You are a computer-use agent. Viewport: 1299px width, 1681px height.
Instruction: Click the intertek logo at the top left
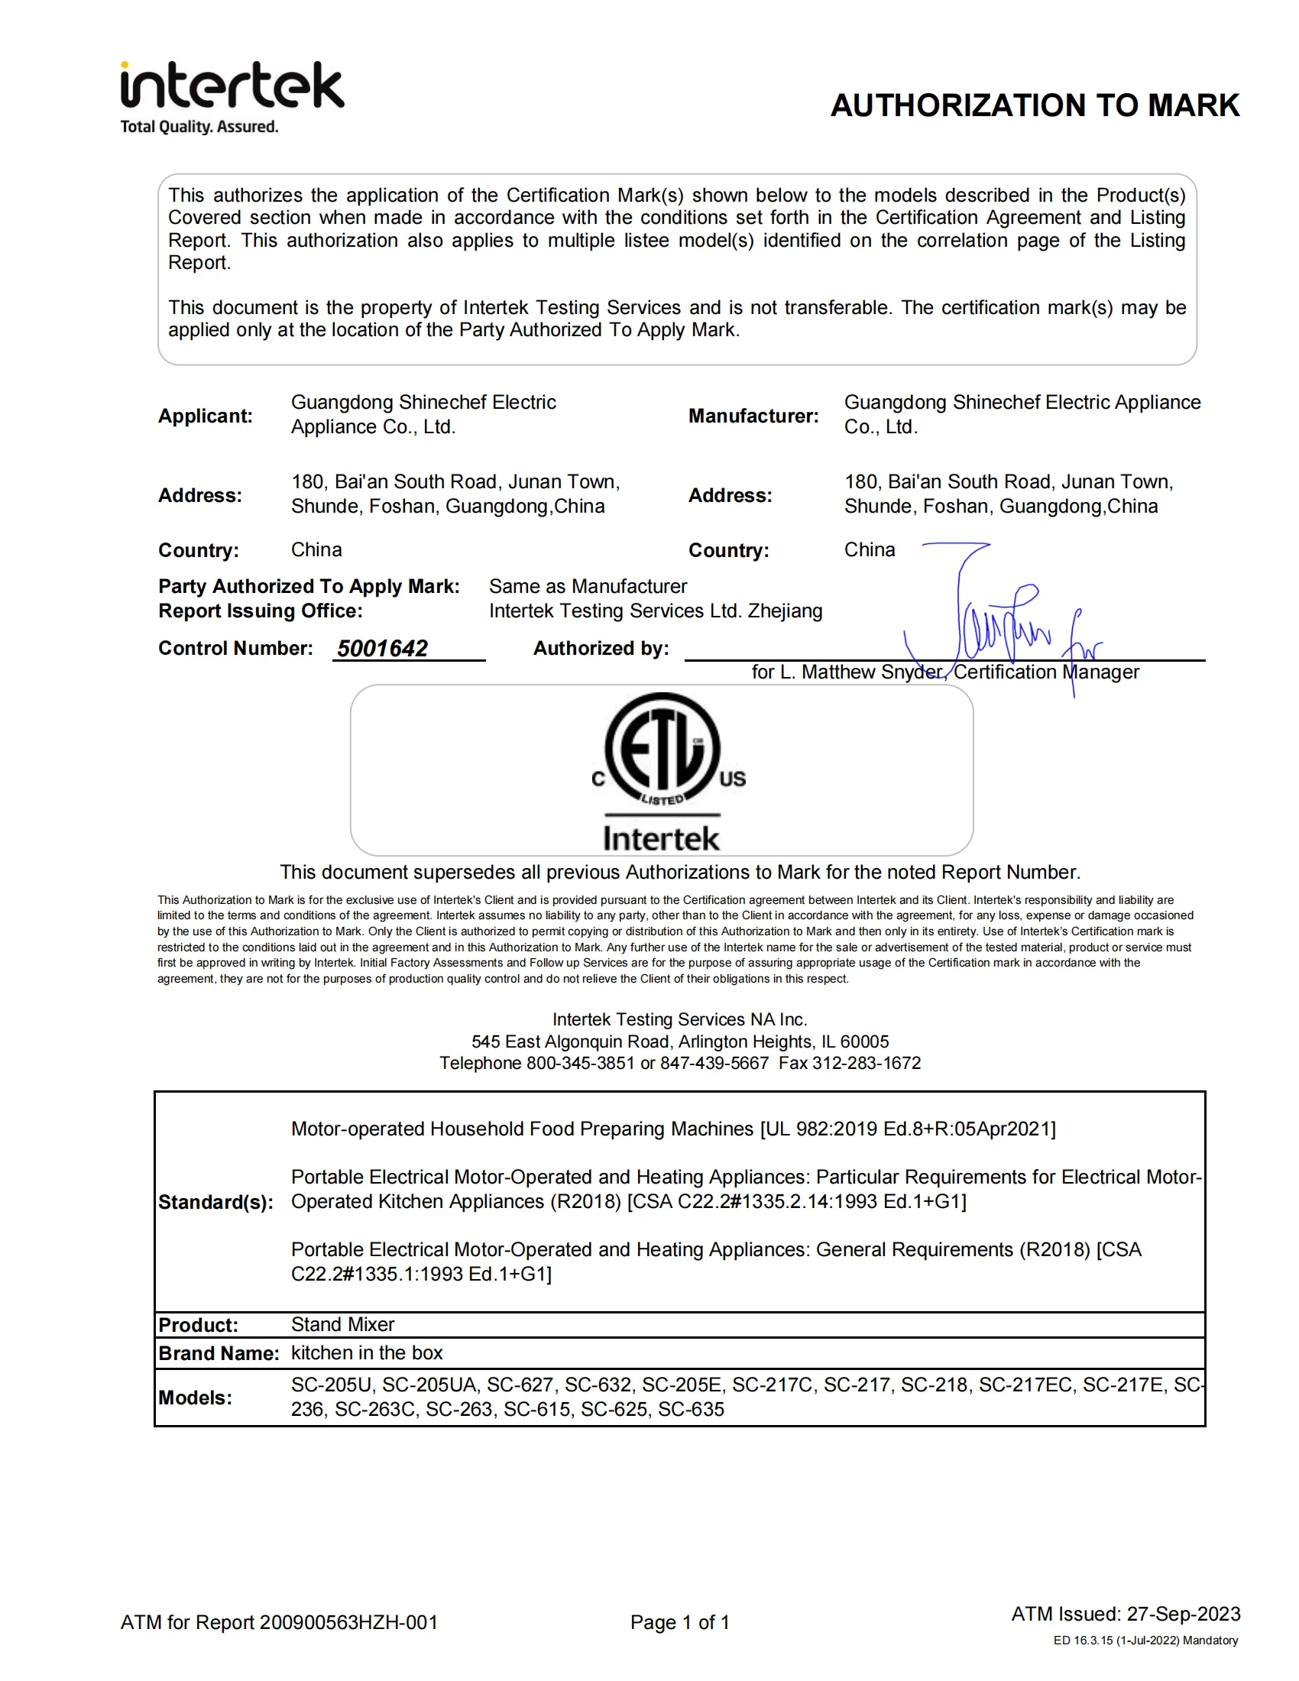pos(232,86)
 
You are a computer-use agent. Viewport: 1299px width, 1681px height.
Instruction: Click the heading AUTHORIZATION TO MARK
pos(1035,105)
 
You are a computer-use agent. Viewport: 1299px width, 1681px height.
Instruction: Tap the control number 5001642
pos(383,649)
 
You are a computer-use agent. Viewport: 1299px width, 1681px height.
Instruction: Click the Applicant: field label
pos(206,416)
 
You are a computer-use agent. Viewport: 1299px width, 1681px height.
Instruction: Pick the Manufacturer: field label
pos(753,416)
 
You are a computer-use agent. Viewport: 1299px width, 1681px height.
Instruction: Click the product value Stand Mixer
pos(342,1325)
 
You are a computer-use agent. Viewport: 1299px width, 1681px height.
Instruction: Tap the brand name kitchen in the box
pos(367,1353)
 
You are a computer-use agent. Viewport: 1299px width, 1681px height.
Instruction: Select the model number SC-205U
pos(332,1385)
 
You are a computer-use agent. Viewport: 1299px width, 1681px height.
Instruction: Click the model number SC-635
pos(691,1410)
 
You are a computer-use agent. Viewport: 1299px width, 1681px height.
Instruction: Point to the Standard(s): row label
pos(215,1203)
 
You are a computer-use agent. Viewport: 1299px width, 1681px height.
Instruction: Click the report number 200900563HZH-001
pos(348,1622)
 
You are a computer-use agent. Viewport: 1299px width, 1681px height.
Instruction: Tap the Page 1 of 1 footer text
pos(679,1622)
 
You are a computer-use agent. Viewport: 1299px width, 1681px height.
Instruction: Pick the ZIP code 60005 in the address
pos(864,1042)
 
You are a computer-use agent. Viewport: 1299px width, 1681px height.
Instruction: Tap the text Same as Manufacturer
pos(588,587)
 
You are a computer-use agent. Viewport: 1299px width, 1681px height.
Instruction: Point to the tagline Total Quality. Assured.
pos(199,127)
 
